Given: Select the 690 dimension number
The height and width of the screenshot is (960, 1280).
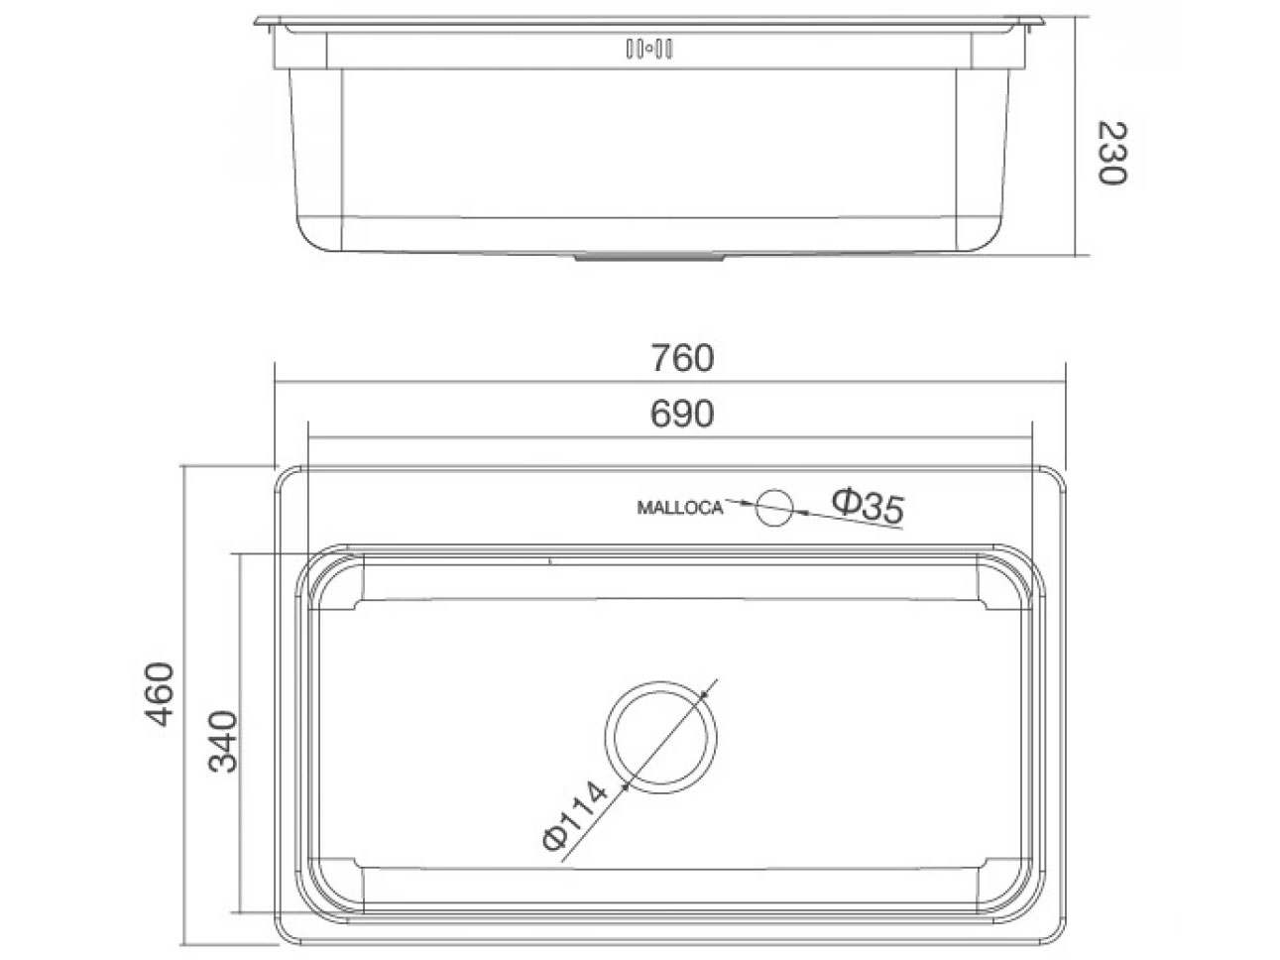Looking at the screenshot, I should (682, 414).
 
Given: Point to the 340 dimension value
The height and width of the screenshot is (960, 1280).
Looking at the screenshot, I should (223, 742).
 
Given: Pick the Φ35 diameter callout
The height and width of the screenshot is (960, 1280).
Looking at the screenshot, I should (868, 507).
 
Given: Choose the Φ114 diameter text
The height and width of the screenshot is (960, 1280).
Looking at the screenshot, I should (574, 815).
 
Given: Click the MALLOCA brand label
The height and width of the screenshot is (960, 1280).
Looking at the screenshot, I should (679, 508).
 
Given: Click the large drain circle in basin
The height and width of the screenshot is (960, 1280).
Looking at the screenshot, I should (660, 736).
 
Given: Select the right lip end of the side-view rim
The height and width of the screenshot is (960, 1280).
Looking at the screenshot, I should (1041, 20).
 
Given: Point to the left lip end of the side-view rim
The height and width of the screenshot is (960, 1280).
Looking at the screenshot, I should (260, 20).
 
